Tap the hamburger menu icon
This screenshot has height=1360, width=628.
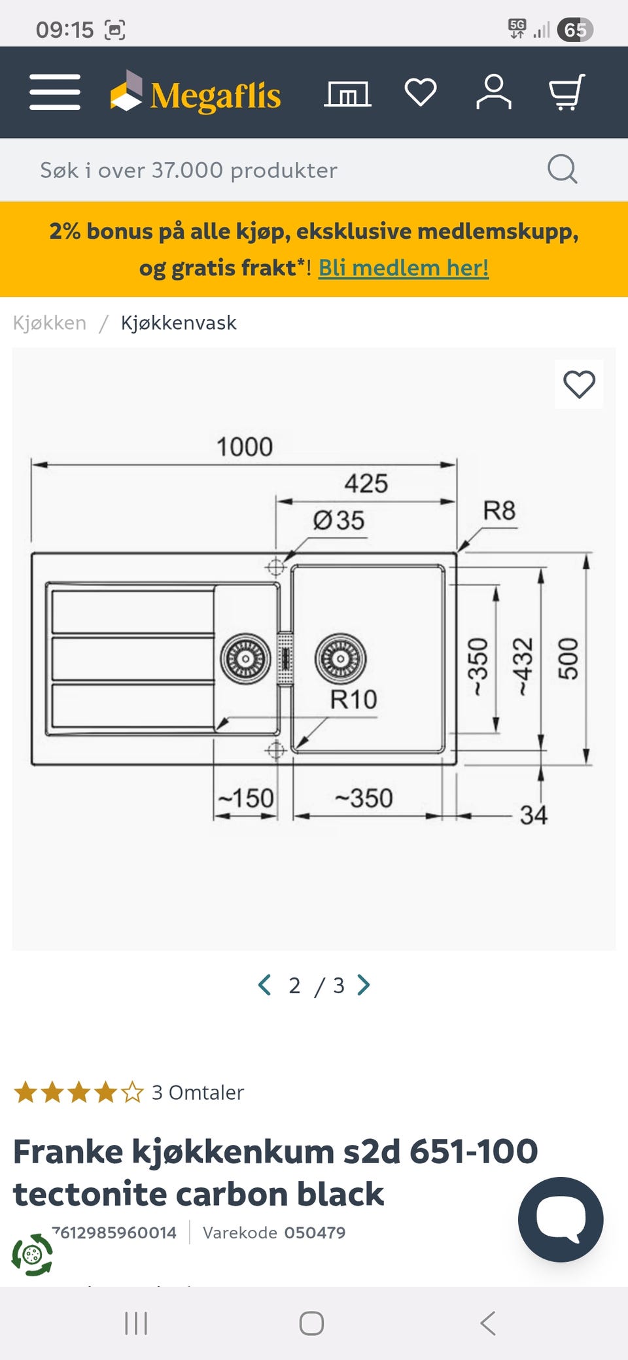[55, 92]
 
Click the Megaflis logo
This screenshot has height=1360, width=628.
[195, 92]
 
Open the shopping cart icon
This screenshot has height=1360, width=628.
[567, 92]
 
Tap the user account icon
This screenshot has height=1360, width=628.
[494, 92]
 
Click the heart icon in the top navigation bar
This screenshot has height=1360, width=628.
[421, 92]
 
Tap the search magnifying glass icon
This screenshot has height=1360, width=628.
[562, 169]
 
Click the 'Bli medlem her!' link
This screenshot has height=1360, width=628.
[404, 267]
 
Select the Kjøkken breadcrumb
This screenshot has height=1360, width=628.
[50, 322]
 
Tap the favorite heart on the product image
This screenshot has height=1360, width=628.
[579, 384]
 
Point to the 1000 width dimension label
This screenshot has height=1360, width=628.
[245, 447]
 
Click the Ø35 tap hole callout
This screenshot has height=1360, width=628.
[339, 520]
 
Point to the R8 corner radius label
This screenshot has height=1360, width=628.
[499, 511]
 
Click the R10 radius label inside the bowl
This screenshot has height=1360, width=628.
[353, 700]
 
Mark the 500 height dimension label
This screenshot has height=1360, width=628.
[568, 659]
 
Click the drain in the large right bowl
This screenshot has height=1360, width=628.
[340, 658]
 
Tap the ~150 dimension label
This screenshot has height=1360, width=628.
[246, 798]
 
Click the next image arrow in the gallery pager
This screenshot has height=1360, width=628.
[364, 985]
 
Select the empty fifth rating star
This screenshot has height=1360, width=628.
[132, 1092]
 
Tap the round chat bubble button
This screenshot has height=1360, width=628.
[561, 1219]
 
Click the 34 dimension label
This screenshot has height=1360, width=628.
[534, 815]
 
